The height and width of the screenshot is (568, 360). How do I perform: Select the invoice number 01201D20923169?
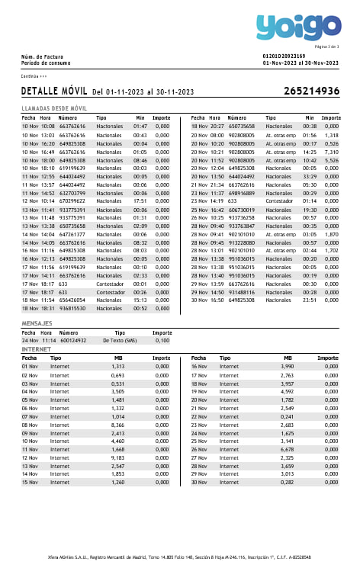pyautogui.click(x=284, y=56)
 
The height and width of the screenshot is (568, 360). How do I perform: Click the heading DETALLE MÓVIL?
pyautogui.click(x=53, y=91)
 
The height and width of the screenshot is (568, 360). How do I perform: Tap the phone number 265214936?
pyautogui.click(x=311, y=91)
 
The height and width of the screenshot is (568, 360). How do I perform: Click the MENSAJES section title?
pyautogui.click(x=37, y=324)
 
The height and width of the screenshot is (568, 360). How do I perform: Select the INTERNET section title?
pyautogui.click(x=36, y=349)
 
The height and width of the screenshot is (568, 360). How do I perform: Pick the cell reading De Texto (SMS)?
pyautogui.click(x=119, y=341)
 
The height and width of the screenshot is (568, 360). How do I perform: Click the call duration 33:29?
pyautogui.click(x=309, y=176)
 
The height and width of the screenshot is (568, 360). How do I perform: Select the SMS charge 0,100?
pyautogui.click(x=162, y=341)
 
